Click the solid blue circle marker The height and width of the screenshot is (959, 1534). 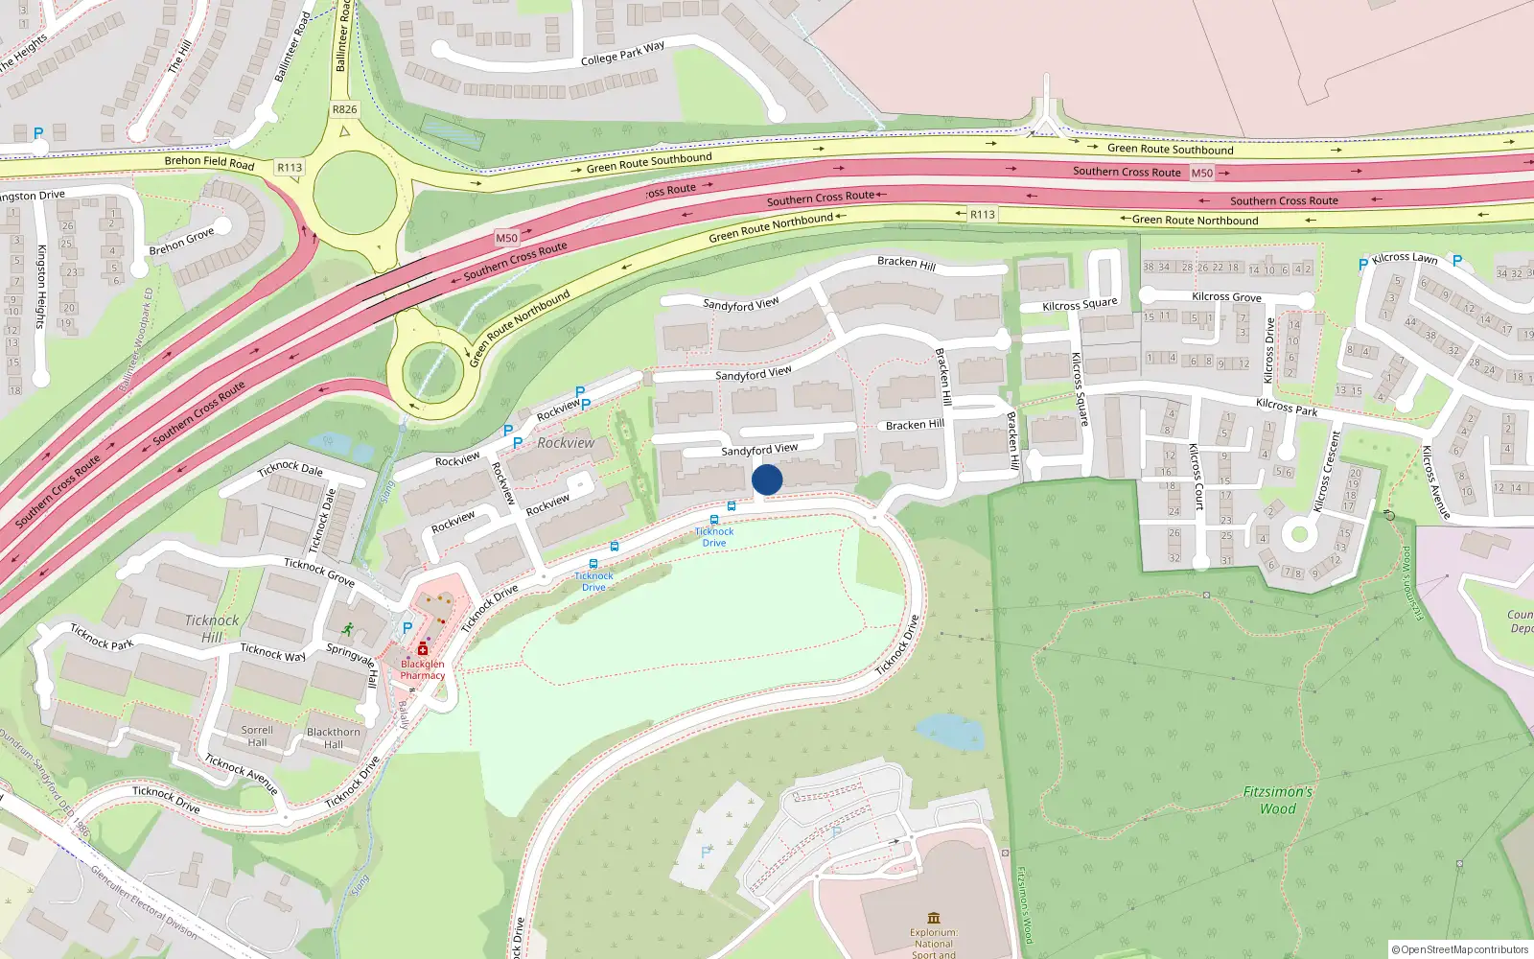(767, 479)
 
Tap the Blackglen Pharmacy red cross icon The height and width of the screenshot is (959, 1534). (422, 650)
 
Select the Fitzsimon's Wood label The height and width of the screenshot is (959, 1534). (1277, 800)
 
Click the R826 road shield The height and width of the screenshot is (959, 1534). (344, 109)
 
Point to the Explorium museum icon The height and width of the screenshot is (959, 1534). (934, 918)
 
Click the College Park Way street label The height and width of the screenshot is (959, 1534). (622, 54)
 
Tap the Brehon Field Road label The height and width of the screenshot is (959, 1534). (209, 162)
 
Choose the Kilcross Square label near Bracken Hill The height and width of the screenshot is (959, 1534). (1080, 305)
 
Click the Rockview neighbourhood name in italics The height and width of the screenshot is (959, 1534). (566, 443)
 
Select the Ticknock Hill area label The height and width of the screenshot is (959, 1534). (212, 629)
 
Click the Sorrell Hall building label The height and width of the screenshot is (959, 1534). (257, 736)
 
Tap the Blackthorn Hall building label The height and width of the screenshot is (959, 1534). (334, 737)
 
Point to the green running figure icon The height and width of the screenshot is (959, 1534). (347, 629)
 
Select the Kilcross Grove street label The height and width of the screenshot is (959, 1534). (1226, 297)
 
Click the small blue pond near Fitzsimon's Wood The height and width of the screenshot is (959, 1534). (950, 732)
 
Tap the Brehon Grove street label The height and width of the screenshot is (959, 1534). (181, 243)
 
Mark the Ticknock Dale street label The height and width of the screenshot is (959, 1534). (291, 469)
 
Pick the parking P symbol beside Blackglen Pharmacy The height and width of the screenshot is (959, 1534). (407, 628)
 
